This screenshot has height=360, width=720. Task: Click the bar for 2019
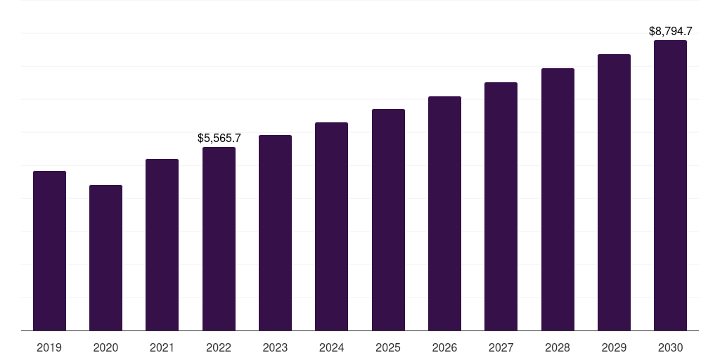pyautogui.click(x=49, y=250)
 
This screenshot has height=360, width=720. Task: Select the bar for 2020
pyautogui.click(x=105, y=257)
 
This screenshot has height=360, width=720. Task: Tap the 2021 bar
pyautogui.click(x=162, y=245)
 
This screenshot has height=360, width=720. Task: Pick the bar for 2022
pyautogui.click(x=219, y=238)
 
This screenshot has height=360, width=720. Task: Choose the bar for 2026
pyautogui.click(x=444, y=213)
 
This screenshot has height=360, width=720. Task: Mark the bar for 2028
pyautogui.click(x=558, y=199)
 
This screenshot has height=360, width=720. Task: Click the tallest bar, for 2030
pyautogui.click(x=670, y=185)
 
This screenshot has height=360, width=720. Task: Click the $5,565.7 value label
pyautogui.click(x=219, y=138)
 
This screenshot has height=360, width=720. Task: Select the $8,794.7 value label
pyautogui.click(x=670, y=31)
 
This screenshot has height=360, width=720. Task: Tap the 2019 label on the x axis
pyautogui.click(x=49, y=347)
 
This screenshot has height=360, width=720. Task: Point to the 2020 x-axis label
pyautogui.click(x=105, y=347)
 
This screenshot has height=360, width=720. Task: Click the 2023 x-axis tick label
pyautogui.click(x=275, y=347)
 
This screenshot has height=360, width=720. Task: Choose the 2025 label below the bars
pyautogui.click(x=388, y=347)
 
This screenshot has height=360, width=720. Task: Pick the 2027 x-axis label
pyautogui.click(x=501, y=347)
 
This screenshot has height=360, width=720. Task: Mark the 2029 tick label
pyautogui.click(x=614, y=347)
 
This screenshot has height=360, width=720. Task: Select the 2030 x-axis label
pyautogui.click(x=670, y=347)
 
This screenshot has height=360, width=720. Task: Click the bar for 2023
pyautogui.click(x=275, y=233)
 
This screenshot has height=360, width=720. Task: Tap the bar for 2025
pyautogui.click(x=388, y=219)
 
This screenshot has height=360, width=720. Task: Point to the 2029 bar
pyautogui.click(x=614, y=192)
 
